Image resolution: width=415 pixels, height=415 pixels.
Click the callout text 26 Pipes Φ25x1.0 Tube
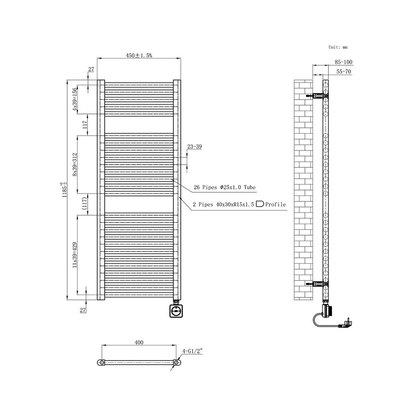click(x=225, y=187)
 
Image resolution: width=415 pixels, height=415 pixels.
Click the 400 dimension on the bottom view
click(x=139, y=343)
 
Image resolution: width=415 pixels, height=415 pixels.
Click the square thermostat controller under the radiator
click(x=176, y=310)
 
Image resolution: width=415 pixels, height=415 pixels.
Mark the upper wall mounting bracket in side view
click(x=317, y=96)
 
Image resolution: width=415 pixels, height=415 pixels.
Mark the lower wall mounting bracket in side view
click(x=317, y=283)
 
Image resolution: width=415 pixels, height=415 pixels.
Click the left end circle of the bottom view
click(x=102, y=363)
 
